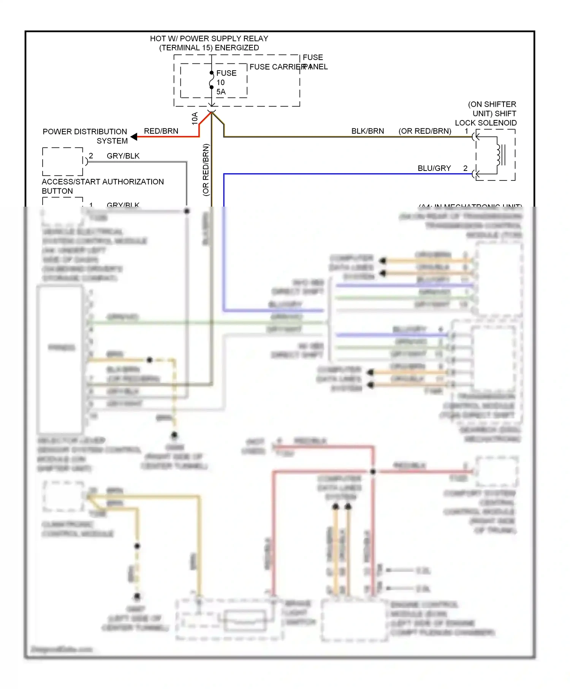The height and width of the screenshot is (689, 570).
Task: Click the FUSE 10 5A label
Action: tap(226, 82)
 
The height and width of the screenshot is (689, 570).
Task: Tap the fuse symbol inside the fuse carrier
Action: tap(212, 80)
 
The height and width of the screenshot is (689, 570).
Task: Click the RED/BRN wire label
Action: tap(161, 131)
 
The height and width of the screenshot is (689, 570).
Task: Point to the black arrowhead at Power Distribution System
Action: tap(134, 137)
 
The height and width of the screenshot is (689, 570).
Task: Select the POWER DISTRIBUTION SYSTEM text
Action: tap(85, 136)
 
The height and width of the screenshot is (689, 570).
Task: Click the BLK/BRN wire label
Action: tap(367, 131)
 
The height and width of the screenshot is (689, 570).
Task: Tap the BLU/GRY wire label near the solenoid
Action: tap(434, 168)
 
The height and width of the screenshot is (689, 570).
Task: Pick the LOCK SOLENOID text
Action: tap(486, 123)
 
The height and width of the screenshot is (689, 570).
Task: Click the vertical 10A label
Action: tap(195, 118)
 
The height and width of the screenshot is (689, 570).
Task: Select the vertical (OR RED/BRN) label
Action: tap(206, 169)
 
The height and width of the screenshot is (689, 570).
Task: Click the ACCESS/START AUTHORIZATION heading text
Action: tap(103, 182)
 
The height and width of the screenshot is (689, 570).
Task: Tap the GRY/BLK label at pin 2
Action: tap(123, 156)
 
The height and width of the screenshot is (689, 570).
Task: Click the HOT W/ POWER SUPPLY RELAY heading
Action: tap(209, 39)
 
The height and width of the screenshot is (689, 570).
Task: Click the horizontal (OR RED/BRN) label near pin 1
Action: tap(424, 131)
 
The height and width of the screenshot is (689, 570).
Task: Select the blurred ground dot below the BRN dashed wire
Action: tap(174, 435)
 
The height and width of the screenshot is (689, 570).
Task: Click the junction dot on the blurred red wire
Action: tap(373, 471)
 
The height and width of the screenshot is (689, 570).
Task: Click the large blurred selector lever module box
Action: tap(60, 359)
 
